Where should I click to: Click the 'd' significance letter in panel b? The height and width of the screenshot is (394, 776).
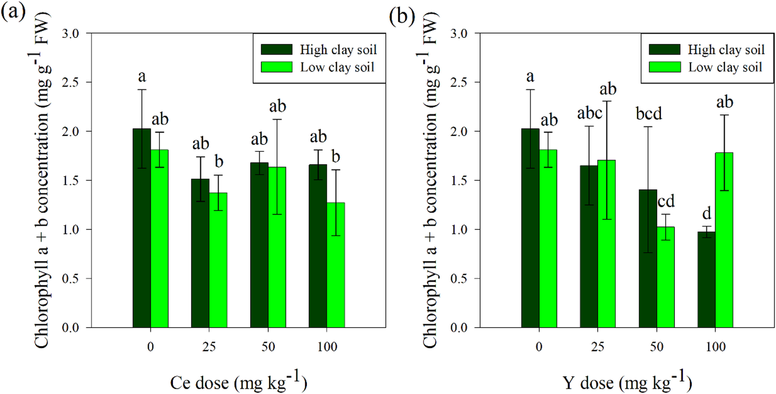point(706,213)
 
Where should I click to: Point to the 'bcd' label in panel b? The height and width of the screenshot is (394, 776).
point(648,113)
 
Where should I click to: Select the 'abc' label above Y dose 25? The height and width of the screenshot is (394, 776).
point(589,113)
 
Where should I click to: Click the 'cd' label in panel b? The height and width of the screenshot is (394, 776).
point(666,201)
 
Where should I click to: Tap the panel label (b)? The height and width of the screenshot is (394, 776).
point(402,16)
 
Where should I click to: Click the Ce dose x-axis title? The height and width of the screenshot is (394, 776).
point(238,382)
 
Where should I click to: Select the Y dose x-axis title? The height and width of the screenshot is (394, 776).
point(627,382)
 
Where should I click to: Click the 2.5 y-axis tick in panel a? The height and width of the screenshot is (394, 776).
point(71,83)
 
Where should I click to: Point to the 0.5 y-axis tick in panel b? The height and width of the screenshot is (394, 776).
point(459,279)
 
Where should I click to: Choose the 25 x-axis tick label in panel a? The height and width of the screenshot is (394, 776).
point(209,347)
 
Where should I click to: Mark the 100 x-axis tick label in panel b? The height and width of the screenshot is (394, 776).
point(715,347)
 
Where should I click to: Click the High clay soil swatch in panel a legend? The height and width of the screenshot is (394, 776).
point(276,49)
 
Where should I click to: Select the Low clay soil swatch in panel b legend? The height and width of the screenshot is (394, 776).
point(664,67)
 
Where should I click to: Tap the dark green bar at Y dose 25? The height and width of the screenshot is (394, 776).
point(589,246)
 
